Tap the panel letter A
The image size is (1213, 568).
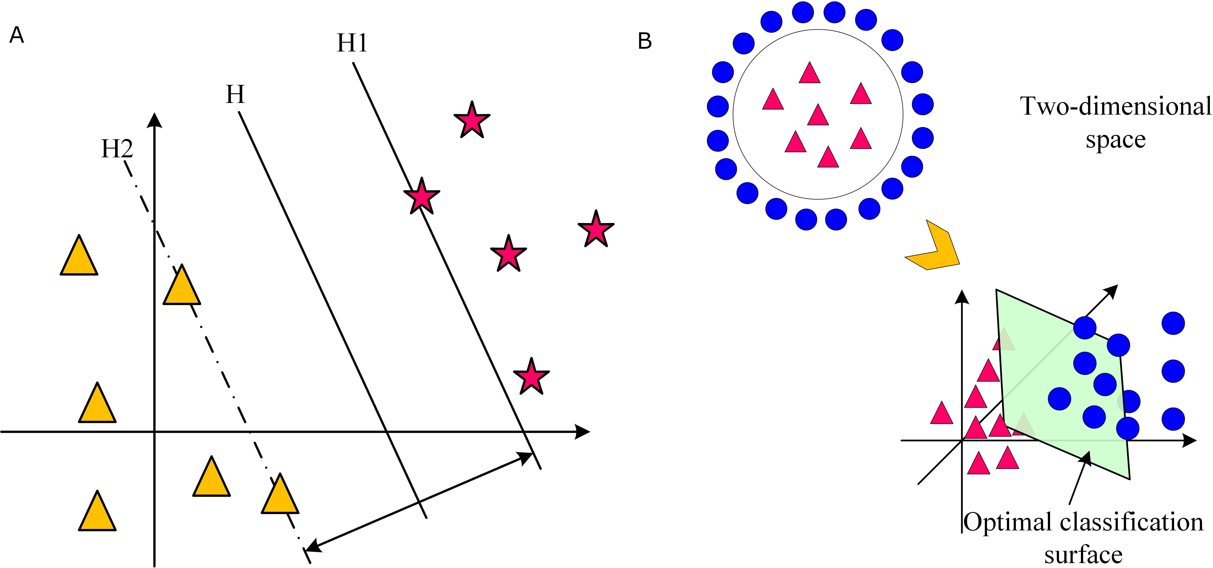point(16,35)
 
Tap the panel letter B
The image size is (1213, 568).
point(645,41)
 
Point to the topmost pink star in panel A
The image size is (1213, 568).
point(471,120)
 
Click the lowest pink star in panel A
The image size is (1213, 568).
point(531,377)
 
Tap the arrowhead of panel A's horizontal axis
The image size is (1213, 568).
point(583,431)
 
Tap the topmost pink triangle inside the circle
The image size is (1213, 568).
point(809,73)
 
